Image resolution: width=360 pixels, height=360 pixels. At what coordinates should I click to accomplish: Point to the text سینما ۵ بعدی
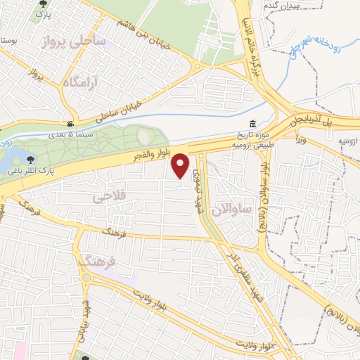point(70,133)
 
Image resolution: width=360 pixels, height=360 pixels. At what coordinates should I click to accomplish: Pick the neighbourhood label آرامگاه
point(82,83)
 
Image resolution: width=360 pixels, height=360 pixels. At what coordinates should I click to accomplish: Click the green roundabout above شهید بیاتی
point(85,277)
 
